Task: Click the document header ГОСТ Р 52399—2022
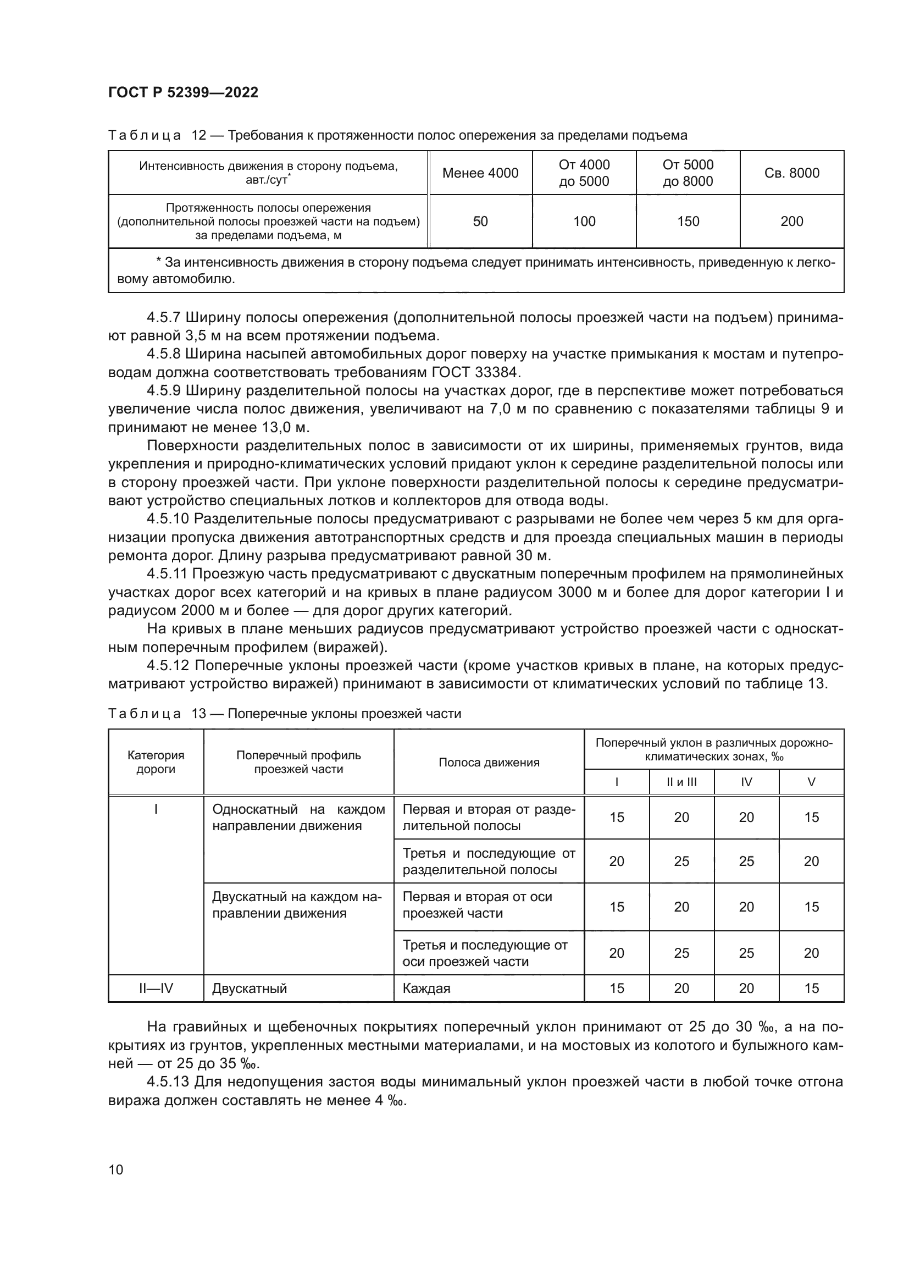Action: point(183,93)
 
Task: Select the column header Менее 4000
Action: point(480,173)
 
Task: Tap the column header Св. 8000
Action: point(791,173)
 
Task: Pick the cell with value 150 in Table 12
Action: point(688,221)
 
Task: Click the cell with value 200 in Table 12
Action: point(791,221)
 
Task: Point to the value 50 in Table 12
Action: point(480,221)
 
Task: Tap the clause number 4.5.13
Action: point(168,1081)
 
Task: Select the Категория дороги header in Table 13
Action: point(156,761)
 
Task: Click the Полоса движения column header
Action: point(489,761)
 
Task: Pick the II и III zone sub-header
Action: point(681,782)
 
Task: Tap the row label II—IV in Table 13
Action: point(156,988)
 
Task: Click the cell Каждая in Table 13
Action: point(426,988)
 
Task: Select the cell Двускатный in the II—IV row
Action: point(250,988)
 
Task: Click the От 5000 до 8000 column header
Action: point(688,173)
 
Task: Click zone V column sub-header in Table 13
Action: point(811,782)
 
